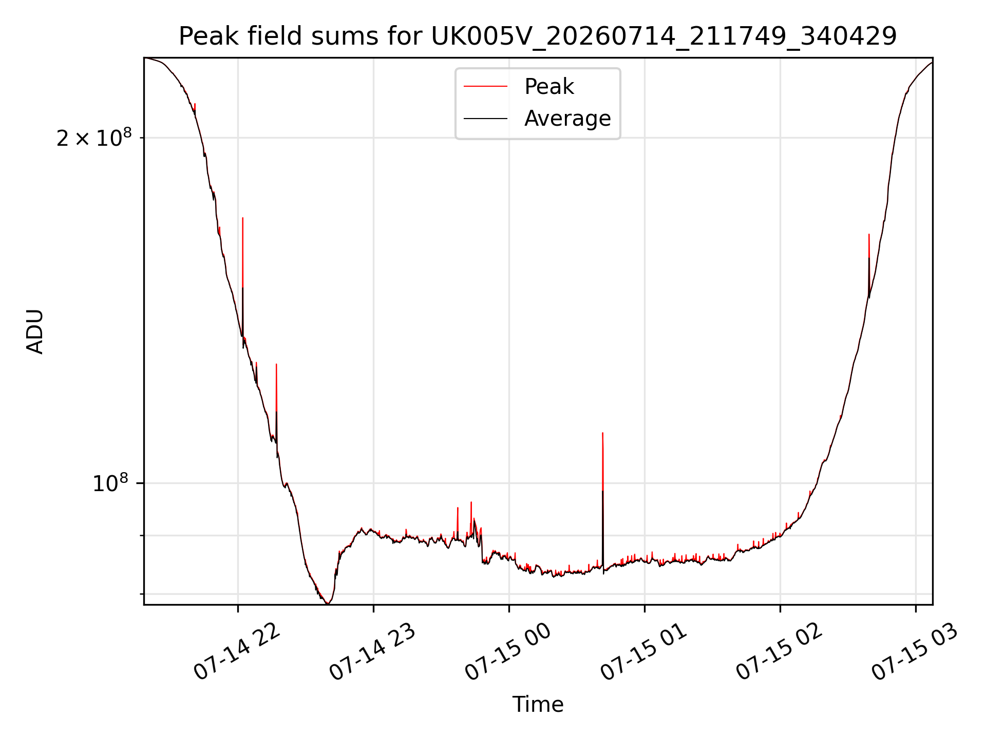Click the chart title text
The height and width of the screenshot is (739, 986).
coord(538,36)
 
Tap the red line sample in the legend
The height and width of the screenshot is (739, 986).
coord(485,87)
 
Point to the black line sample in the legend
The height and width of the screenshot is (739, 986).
coord(485,119)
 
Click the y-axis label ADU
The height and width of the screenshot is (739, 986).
coord(35,331)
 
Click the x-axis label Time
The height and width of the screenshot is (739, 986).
coord(538,704)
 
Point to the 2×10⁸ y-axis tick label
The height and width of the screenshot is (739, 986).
coord(94,138)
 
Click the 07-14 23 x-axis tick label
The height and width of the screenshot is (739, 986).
coord(372,652)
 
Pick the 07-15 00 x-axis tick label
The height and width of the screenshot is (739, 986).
coord(507,652)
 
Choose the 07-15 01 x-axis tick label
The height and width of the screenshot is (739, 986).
coord(643,652)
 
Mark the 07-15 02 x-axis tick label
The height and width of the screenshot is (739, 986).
coord(779,652)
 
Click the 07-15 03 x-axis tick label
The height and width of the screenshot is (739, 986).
coord(914,652)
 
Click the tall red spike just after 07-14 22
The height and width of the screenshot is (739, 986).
coord(242,277)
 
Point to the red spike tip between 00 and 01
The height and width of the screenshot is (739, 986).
coord(602,433)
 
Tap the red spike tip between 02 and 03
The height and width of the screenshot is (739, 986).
coord(868,234)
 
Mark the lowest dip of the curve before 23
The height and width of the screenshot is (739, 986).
coord(328,604)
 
